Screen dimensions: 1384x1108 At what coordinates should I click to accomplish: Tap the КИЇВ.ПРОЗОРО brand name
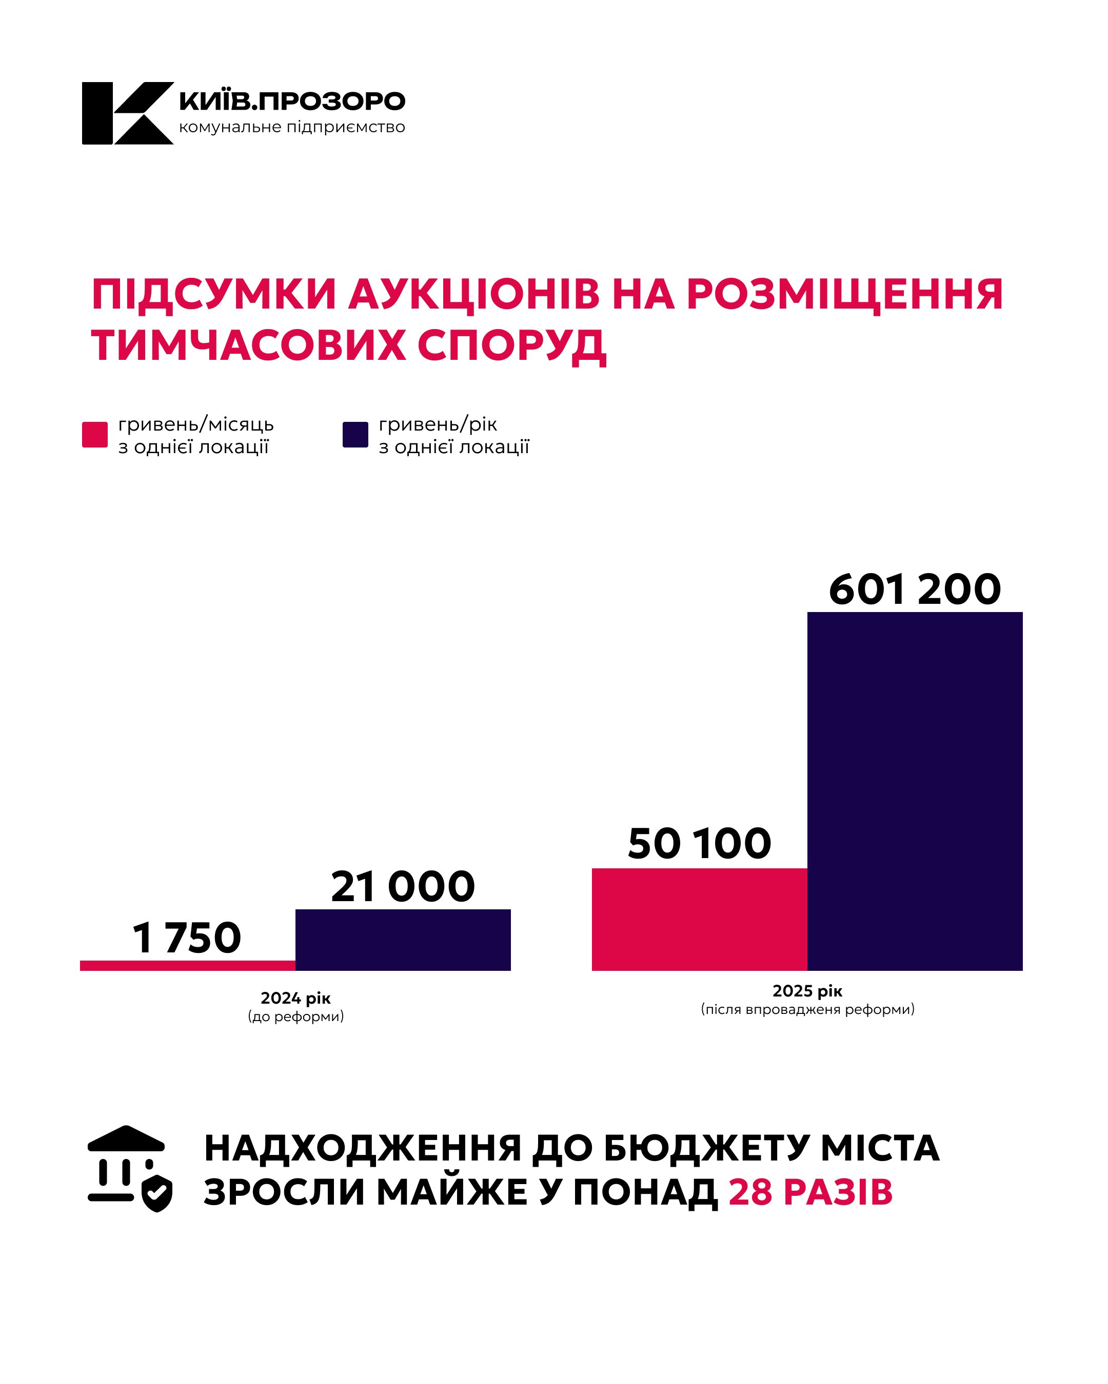pos(292,101)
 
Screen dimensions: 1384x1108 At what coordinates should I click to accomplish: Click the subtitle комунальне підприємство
pos(292,127)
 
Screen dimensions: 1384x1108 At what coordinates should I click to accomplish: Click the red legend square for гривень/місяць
pos(95,435)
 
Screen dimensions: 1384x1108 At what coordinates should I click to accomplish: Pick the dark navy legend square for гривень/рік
pos(355,435)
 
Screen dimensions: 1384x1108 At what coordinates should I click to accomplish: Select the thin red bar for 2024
pos(188,965)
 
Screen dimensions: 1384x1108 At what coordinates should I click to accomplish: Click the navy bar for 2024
pos(403,939)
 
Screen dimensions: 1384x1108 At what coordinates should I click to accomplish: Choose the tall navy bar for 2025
pos(914,791)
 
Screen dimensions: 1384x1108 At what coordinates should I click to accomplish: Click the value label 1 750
pos(187,938)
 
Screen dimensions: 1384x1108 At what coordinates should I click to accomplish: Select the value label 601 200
pos(914,589)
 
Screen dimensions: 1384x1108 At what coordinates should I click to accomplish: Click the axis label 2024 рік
pos(295,998)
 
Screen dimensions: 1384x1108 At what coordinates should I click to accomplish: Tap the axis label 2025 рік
pos(807,991)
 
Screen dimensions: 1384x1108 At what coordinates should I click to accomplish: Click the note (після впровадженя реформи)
pos(807,1009)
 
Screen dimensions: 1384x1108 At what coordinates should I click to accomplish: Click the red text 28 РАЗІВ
pos(810,1192)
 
